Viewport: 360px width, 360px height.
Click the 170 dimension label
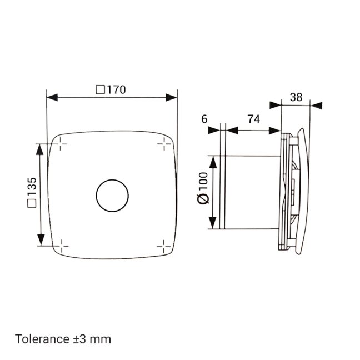117,90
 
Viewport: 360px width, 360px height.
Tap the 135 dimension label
32,187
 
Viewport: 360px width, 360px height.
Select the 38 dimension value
296,97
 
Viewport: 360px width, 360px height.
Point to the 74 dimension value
254,119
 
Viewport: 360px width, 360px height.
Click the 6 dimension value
204,119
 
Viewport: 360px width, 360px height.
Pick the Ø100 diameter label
203,188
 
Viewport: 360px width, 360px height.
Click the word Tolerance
42,339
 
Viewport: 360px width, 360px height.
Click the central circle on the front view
112,196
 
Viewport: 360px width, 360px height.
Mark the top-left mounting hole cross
61,144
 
